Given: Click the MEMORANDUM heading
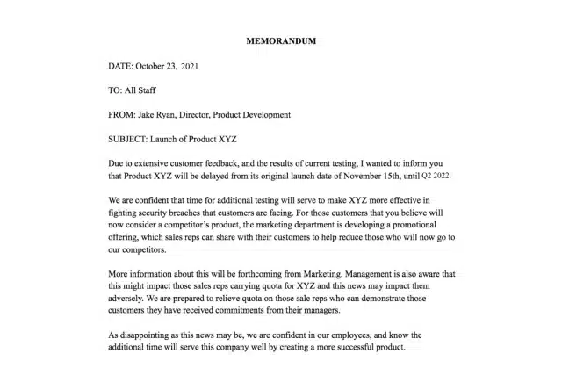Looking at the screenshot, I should click(281, 41).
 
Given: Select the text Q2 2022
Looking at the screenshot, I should click(441, 177).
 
